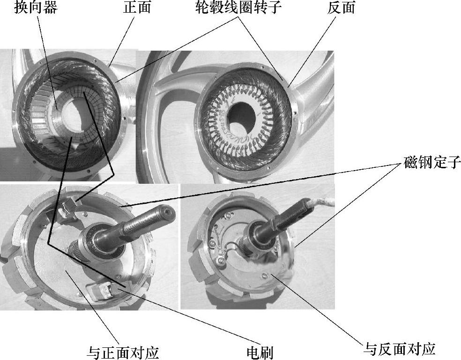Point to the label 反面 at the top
[341, 8]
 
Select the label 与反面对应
[400, 349]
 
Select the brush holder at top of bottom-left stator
[71, 204]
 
